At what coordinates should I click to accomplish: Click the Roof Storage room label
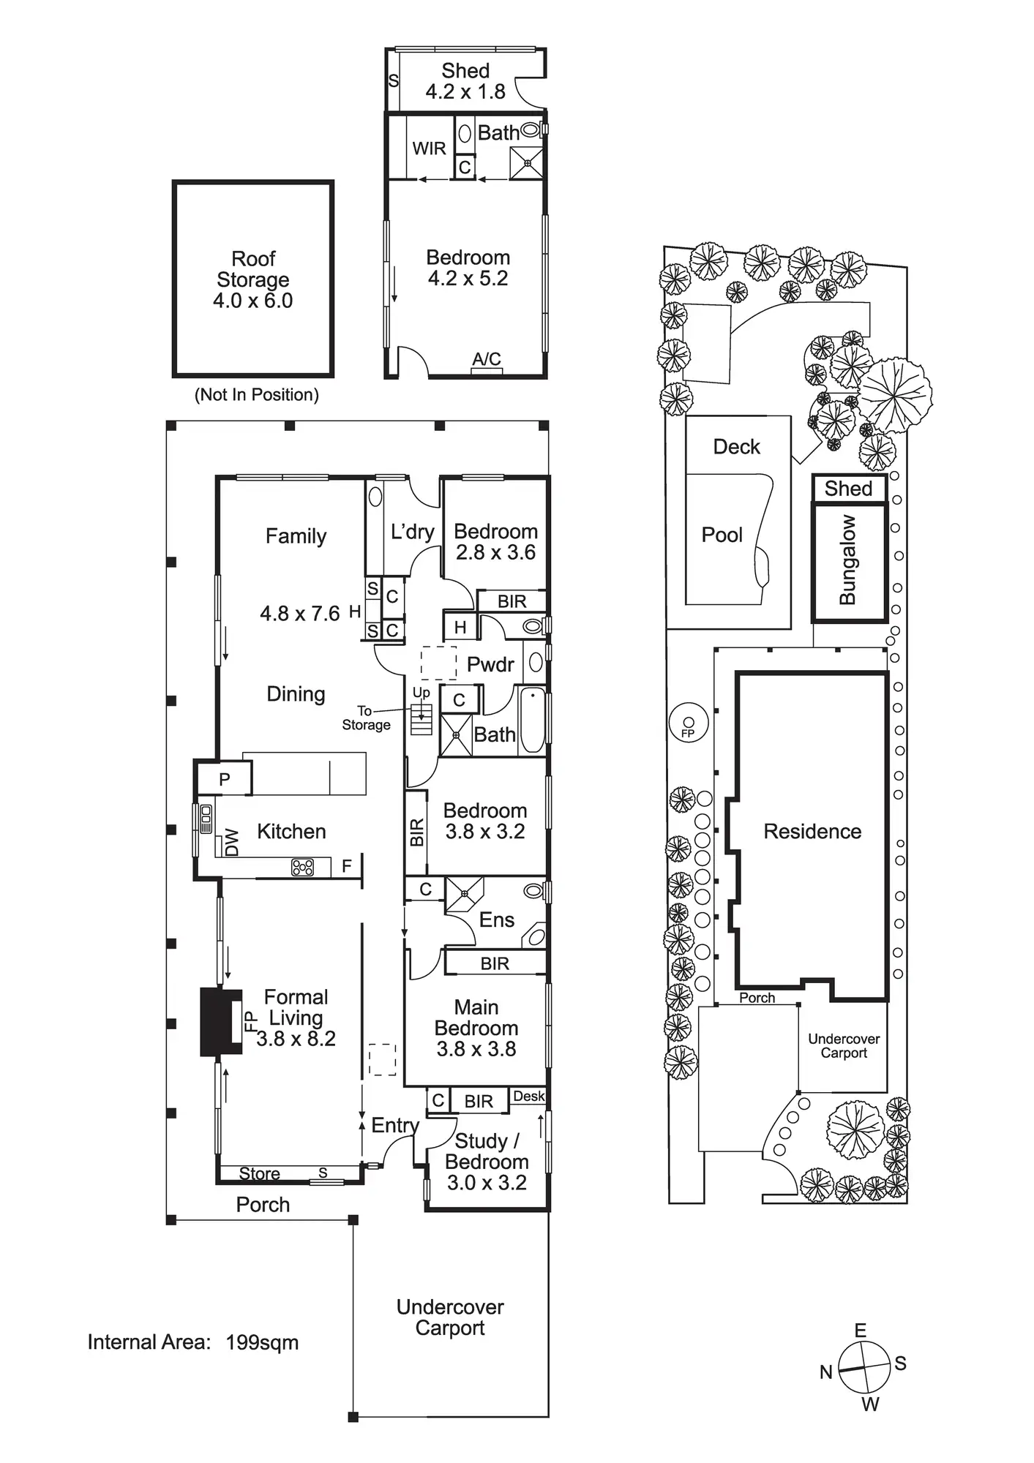pos(253,279)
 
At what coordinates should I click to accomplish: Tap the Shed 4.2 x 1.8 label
pos(465,81)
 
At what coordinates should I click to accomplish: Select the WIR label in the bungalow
pos(429,148)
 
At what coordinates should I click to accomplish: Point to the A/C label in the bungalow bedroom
pos(487,359)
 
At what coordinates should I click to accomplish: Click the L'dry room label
pos(413,532)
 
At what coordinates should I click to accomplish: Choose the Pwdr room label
pos(490,664)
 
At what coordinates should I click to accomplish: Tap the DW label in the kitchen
pos(232,841)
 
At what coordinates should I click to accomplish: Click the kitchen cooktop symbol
pos(302,867)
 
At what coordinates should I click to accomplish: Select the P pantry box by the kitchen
pos(225,780)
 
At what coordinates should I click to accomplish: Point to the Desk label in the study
pos(528,1096)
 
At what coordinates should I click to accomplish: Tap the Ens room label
pos(496,919)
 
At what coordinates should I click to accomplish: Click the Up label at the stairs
pos(421,692)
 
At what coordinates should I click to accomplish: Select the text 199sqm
pos(262,1342)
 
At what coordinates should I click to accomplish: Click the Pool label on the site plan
pos(722,535)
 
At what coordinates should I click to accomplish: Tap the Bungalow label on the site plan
pos(847,560)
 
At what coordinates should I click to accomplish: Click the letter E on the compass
pos(861,1330)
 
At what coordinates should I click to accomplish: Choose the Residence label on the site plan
pos(812,831)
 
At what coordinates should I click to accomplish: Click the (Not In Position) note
pos(256,395)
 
